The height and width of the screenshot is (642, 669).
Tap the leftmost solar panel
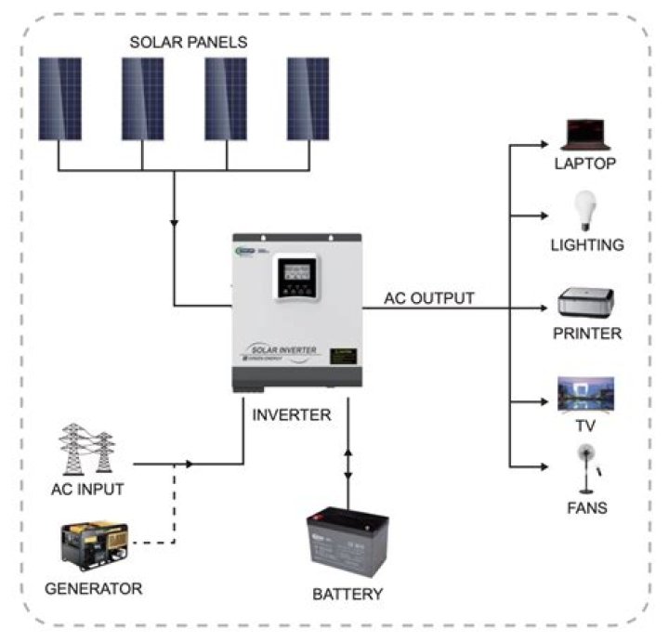coord(59,98)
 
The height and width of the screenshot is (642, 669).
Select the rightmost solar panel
coord(308,98)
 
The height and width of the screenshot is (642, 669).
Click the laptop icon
coord(584,136)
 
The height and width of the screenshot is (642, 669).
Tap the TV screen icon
coord(584,393)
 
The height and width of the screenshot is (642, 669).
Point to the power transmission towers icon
coord(86,451)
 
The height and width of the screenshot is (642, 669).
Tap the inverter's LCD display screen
coord(295,273)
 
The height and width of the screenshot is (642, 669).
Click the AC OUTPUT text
coord(429,298)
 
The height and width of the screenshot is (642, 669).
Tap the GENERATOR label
coord(93,588)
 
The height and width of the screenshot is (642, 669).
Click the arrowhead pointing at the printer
coord(545,308)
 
